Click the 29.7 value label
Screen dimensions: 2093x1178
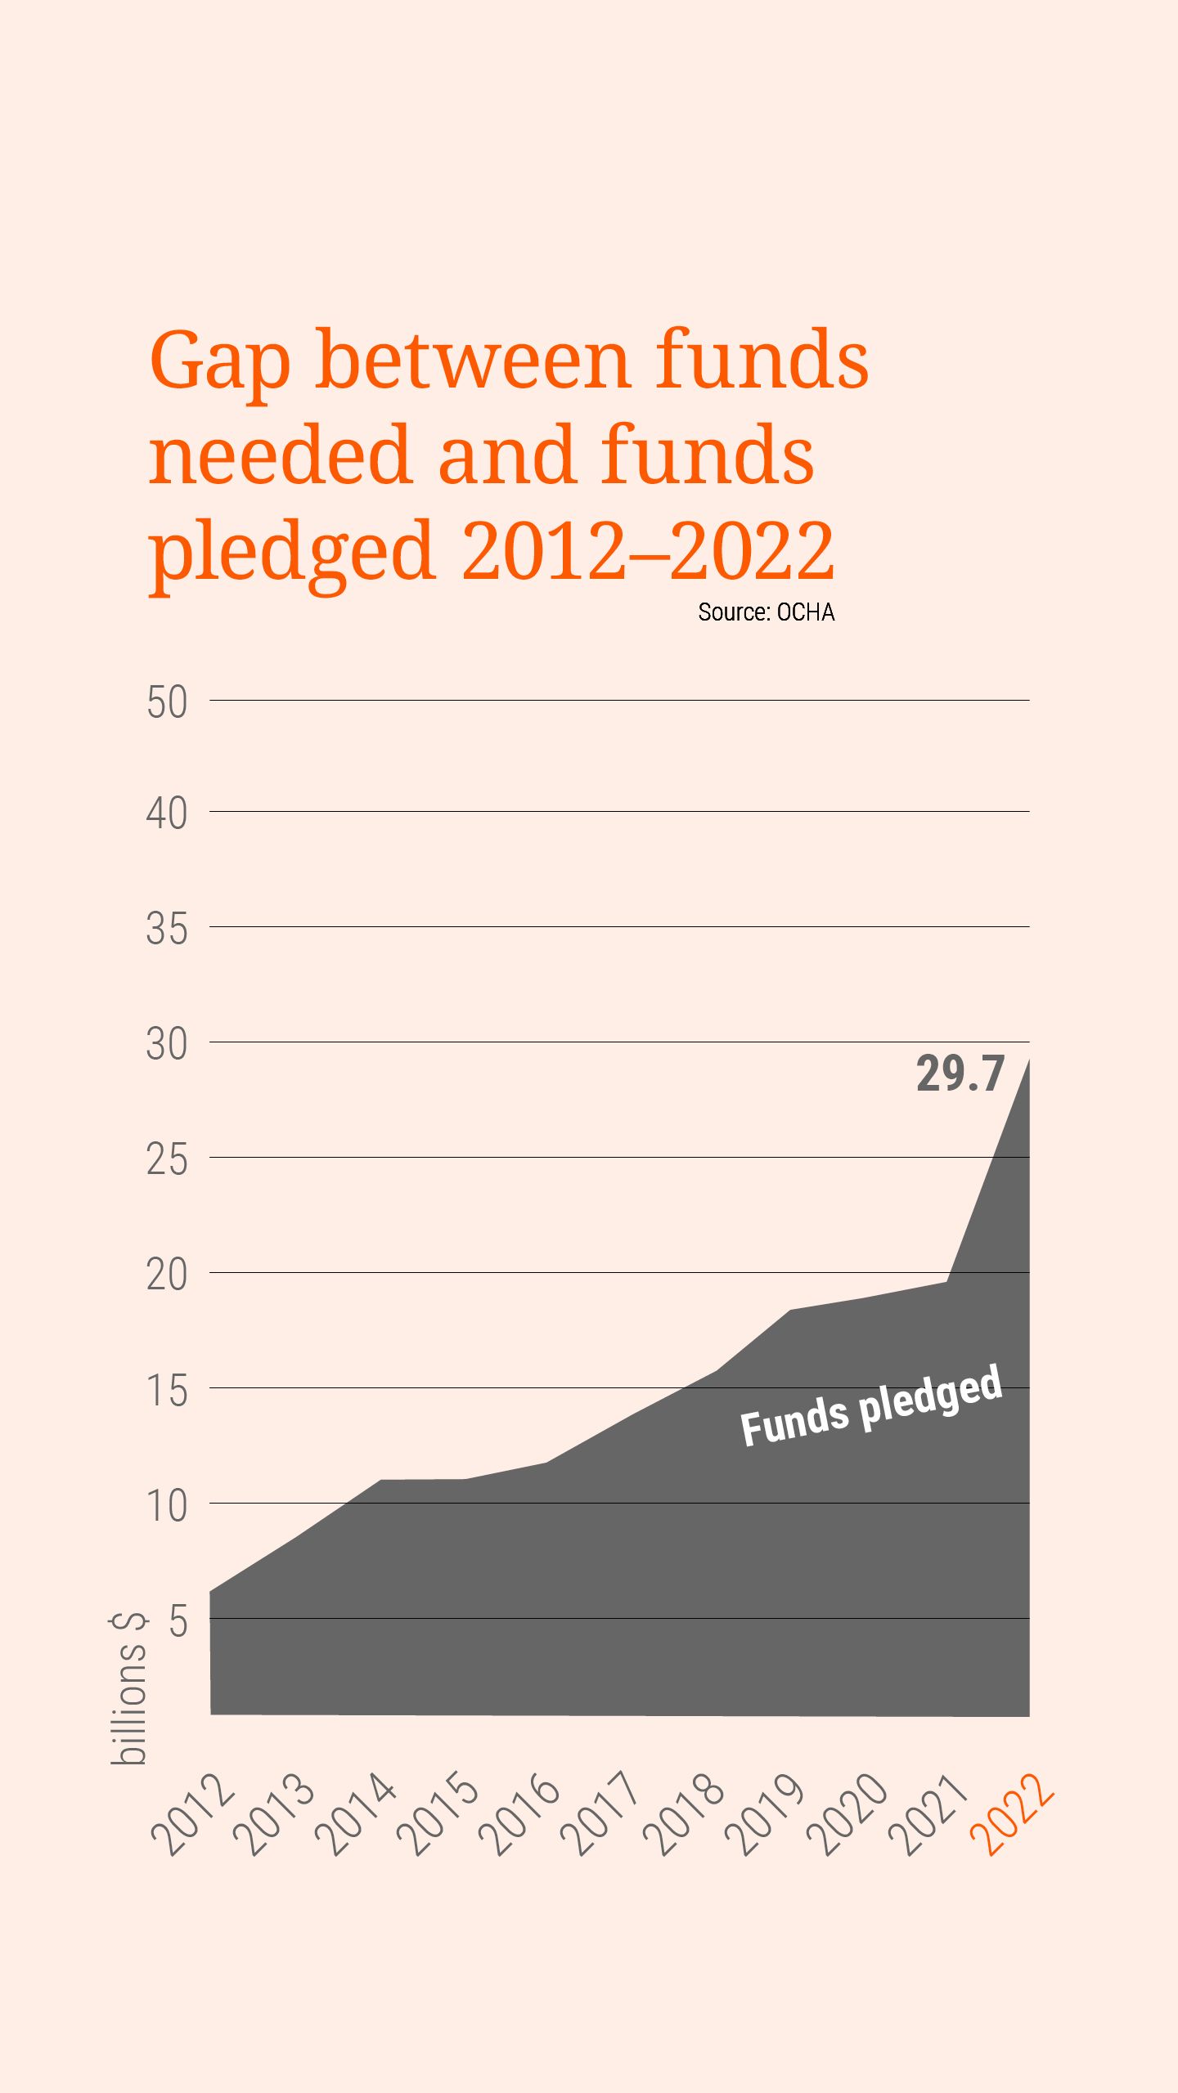pyautogui.click(x=960, y=1073)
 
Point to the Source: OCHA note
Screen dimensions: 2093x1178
pyautogui.click(x=766, y=612)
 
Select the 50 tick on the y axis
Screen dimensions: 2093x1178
pyautogui.click(x=167, y=702)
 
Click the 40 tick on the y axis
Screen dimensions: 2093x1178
pyautogui.click(x=167, y=813)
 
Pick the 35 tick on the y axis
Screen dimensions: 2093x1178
pyautogui.click(x=167, y=929)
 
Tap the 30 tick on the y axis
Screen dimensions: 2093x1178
pyautogui.click(x=167, y=1044)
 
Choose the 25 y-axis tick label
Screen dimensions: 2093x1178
pyautogui.click(x=167, y=1159)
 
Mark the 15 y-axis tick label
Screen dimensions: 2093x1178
pyautogui.click(x=167, y=1390)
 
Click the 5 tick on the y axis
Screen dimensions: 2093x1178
pyautogui.click(x=178, y=1620)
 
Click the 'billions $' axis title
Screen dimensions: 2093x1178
pyautogui.click(x=129, y=1687)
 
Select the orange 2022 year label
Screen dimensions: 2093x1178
pyautogui.click(x=1011, y=1813)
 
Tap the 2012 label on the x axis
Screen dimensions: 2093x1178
pyautogui.click(x=193, y=1813)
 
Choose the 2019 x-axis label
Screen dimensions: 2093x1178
pyautogui.click(x=766, y=1813)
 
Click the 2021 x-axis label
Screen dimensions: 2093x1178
pyautogui.click(x=929, y=1813)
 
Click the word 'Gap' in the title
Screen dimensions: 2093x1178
pyautogui.click(x=219, y=360)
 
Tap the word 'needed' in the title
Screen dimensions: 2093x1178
pyautogui.click(x=278, y=455)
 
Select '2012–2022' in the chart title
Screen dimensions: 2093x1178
pyautogui.click(x=648, y=551)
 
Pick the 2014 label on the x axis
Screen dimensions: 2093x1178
pyautogui.click(x=357, y=1813)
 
